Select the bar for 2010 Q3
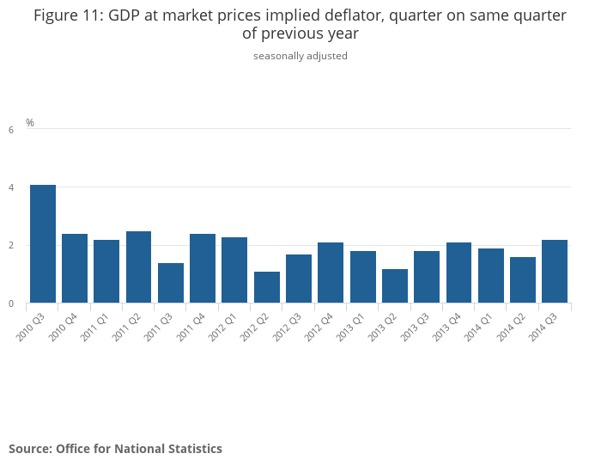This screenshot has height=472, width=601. pyautogui.click(x=43, y=244)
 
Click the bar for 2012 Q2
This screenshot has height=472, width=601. pyautogui.click(x=267, y=287)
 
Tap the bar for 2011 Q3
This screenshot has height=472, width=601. pyautogui.click(x=171, y=283)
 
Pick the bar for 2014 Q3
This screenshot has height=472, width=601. pyautogui.click(x=555, y=271)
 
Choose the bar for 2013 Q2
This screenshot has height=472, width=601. pyautogui.click(x=395, y=286)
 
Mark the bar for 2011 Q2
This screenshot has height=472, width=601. pyautogui.click(x=139, y=267)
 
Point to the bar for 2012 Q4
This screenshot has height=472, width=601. pyautogui.click(x=331, y=273)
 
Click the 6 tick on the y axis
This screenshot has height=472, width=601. pyautogui.click(x=11, y=130)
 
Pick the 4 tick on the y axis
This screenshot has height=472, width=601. pyautogui.click(x=11, y=187)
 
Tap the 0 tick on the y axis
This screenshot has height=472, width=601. pyautogui.click(x=11, y=303)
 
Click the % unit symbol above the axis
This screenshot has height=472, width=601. pyautogui.click(x=30, y=123)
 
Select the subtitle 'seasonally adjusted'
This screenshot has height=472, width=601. pyautogui.click(x=300, y=56)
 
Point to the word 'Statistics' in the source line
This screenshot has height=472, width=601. pyautogui.click(x=193, y=449)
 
